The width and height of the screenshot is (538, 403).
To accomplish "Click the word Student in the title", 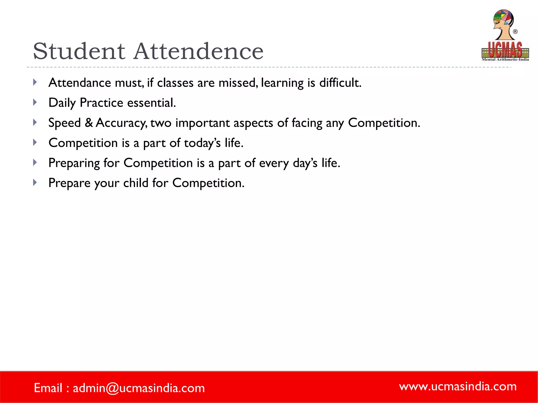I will (x=79, y=51).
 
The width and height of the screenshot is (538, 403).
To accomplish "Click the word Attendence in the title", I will (x=199, y=51).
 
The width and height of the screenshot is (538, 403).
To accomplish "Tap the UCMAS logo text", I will (x=505, y=50).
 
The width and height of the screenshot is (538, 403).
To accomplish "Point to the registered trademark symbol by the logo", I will (x=515, y=32).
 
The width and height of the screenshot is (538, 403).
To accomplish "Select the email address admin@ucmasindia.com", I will (x=139, y=388).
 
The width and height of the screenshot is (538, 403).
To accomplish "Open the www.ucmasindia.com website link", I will (x=458, y=386).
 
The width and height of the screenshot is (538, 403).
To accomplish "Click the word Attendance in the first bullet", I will (x=80, y=83).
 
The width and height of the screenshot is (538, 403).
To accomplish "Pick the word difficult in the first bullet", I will (x=340, y=83).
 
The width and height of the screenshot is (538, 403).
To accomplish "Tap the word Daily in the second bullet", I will (x=62, y=103).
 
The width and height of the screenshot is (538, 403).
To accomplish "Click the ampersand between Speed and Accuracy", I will (x=89, y=123).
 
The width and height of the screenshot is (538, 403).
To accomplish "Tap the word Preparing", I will (x=74, y=163).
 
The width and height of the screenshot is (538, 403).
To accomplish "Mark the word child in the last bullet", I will (x=136, y=183).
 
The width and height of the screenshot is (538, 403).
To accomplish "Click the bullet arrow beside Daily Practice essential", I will (x=35, y=102).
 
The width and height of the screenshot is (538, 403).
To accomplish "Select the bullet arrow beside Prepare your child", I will (x=35, y=182).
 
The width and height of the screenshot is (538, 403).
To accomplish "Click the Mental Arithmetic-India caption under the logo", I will (x=505, y=60).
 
